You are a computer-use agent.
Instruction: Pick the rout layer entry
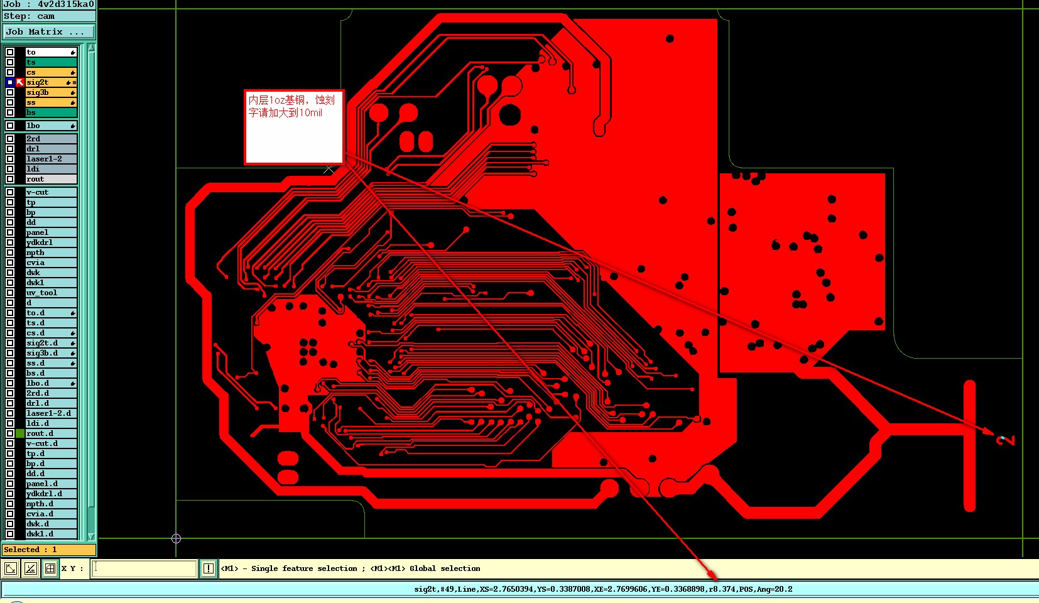tap(50, 179)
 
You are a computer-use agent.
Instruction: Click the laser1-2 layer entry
tap(50, 159)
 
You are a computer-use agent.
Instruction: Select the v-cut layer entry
tap(50, 192)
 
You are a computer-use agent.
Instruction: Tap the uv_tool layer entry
tap(50, 293)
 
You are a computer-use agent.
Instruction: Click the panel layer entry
tap(50, 232)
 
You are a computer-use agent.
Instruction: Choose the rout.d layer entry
tap(50, 433)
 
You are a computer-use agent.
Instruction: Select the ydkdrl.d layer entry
tap(50, 494)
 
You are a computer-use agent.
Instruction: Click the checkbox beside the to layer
tap(10, 52)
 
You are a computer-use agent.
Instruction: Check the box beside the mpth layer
tap(10, 253)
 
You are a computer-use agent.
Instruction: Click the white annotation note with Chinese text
tap(294, 127)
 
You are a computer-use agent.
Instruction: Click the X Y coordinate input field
tap(144, 568)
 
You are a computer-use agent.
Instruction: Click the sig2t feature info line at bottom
tap(603, 589)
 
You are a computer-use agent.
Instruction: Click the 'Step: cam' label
tap(30, 16)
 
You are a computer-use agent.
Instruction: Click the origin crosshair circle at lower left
tap(176, 538)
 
